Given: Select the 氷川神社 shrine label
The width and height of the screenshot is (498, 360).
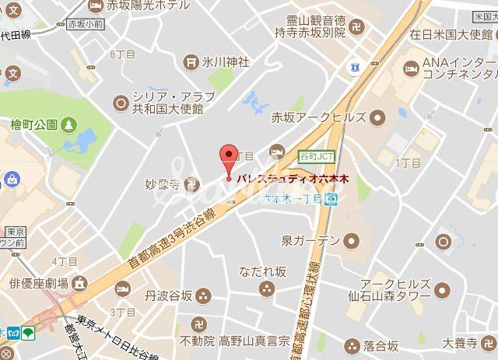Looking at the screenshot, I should (x=226, y=61).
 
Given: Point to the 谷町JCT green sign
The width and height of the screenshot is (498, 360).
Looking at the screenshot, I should (x=317, y=153).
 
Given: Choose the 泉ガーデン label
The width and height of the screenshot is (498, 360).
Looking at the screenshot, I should (x=310, y=240).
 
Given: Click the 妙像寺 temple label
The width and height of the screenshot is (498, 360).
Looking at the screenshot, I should (x=163, y=184).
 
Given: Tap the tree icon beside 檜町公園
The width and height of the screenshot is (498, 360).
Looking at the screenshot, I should (x=70, y=124).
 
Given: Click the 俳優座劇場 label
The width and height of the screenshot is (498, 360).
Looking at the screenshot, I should (x=38, y=283).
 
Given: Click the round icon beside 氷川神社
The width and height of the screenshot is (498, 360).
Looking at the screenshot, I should (x=191, y=61).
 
